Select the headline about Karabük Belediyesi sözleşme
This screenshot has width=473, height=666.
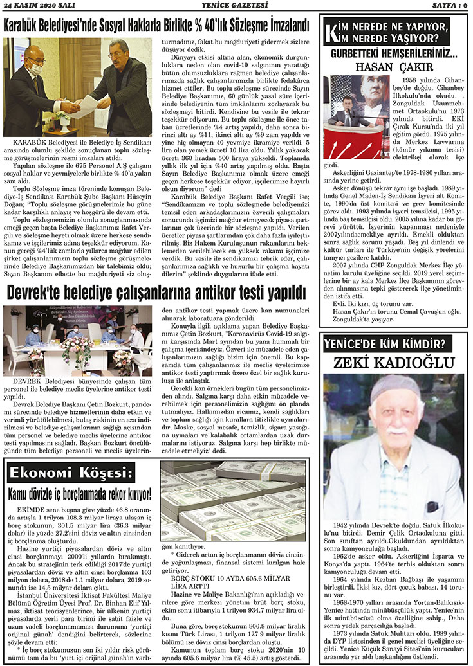coord(157,27)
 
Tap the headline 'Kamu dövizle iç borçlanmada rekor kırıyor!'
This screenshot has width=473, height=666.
coord(79,494)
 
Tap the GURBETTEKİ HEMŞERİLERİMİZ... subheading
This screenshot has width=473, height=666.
coord(394,55)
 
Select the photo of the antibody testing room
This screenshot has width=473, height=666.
coord(77,340)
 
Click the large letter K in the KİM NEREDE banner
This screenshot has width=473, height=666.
coord(333,32)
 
